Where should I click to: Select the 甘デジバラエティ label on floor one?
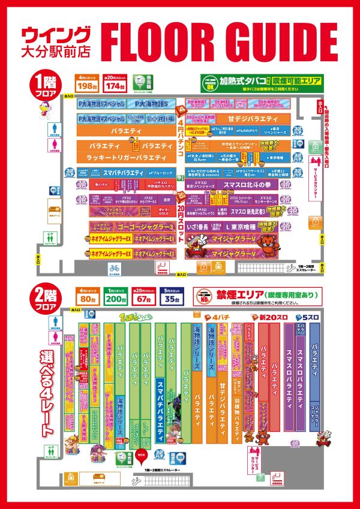[259, 118]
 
